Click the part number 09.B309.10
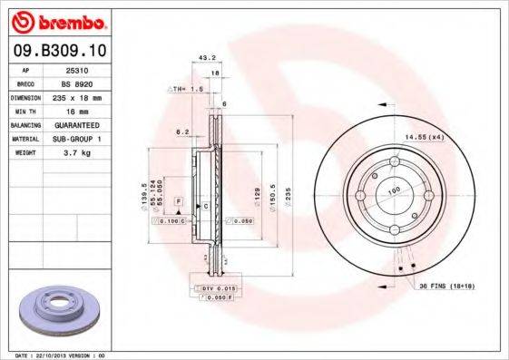pyautogui.click(x=63, y=53)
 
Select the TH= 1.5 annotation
pyautogui.click(x=184, y=90)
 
